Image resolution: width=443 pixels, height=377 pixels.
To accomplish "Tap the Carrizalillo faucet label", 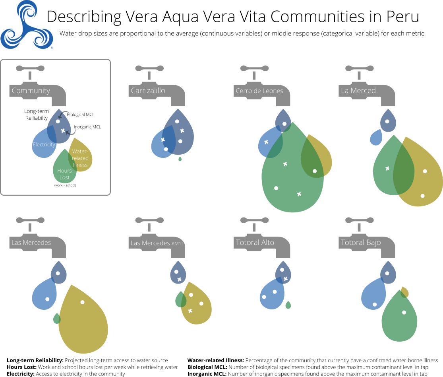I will pyautogui.click(x=148, y=91).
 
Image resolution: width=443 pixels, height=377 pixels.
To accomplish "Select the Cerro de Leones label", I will pyautogui.click(x=259, y=91).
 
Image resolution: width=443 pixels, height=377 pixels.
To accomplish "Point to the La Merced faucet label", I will pyautogui.click(x=358, y=91).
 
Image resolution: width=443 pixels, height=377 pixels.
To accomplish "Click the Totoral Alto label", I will pyautogui.click(x=255, y=242).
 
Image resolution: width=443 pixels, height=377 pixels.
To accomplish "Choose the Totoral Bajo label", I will pyautogui.click(x=361, y=242).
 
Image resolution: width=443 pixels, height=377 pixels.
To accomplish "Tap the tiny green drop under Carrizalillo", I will pyautogui.click(x=180, y=159).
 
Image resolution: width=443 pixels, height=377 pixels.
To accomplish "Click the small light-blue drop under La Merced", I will pyautogui.click(x=375, y=138).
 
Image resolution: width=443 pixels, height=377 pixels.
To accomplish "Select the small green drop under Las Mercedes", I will pyautogui.click(x=57, y=319).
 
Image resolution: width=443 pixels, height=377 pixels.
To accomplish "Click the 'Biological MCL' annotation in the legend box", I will pyautogui.click(x=80, y=115).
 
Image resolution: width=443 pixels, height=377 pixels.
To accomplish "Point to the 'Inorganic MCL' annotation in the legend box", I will pyautogui.click(x=87, y=127).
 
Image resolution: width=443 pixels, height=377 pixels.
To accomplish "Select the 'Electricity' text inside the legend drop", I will pyautogui.click(x=44, y=145).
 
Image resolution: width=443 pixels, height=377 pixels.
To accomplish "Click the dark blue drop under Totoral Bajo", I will pyautogui.click(x=388, y=272).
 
